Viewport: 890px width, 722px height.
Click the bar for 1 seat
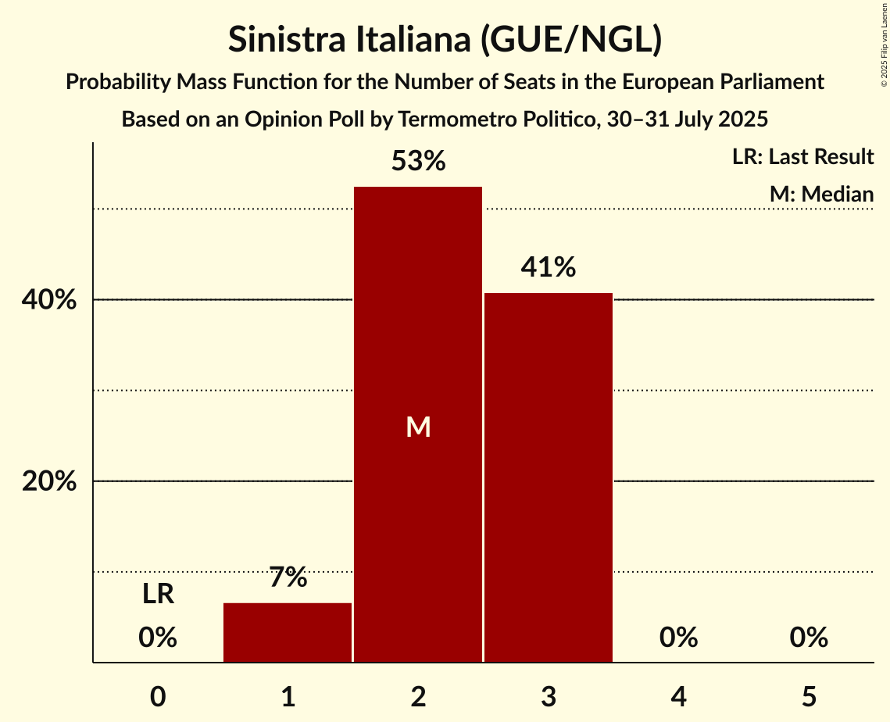click(288, 633)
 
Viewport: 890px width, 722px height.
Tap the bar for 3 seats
click(549, 477)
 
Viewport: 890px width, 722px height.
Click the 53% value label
click(418, 162)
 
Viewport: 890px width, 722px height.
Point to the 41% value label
click(549, 268)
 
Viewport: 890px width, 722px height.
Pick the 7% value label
click(288, 578)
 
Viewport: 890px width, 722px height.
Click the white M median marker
click(418, 427)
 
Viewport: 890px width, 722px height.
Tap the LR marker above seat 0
click(158, 595)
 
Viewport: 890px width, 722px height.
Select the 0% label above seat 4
click(678, 638)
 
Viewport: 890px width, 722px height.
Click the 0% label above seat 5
click(809, 638)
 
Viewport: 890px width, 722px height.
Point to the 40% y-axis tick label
click(49, 301)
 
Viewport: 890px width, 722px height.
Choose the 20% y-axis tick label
click(49, 482)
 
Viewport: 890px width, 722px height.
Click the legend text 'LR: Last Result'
click(802, 157)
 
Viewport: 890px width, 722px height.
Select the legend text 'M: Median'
click(821, 194)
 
